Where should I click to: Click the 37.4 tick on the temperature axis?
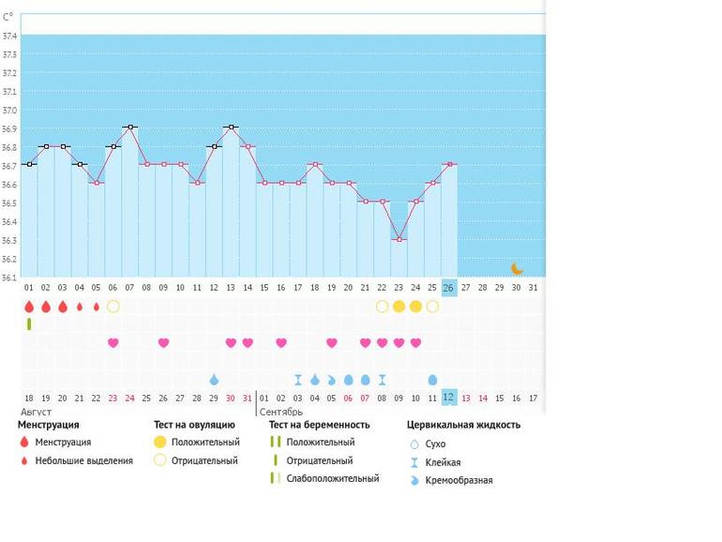9,36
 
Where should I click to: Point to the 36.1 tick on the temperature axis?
9,278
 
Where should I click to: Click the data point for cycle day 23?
399,239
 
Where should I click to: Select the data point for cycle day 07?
129,127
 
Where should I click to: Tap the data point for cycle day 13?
231,127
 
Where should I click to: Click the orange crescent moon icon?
517,268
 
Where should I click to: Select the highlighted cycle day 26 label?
448,288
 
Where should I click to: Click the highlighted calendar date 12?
449,398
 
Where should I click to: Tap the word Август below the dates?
36,412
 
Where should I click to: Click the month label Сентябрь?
280,412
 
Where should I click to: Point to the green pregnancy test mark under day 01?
29,324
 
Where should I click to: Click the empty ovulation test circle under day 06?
113,307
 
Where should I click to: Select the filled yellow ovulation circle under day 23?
399,307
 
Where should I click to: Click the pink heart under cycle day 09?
163,343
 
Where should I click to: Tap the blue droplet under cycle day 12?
214,380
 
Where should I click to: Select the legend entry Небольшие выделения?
83,460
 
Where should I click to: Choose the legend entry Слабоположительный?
332,478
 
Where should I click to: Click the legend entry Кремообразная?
459,480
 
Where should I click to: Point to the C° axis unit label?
8,17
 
